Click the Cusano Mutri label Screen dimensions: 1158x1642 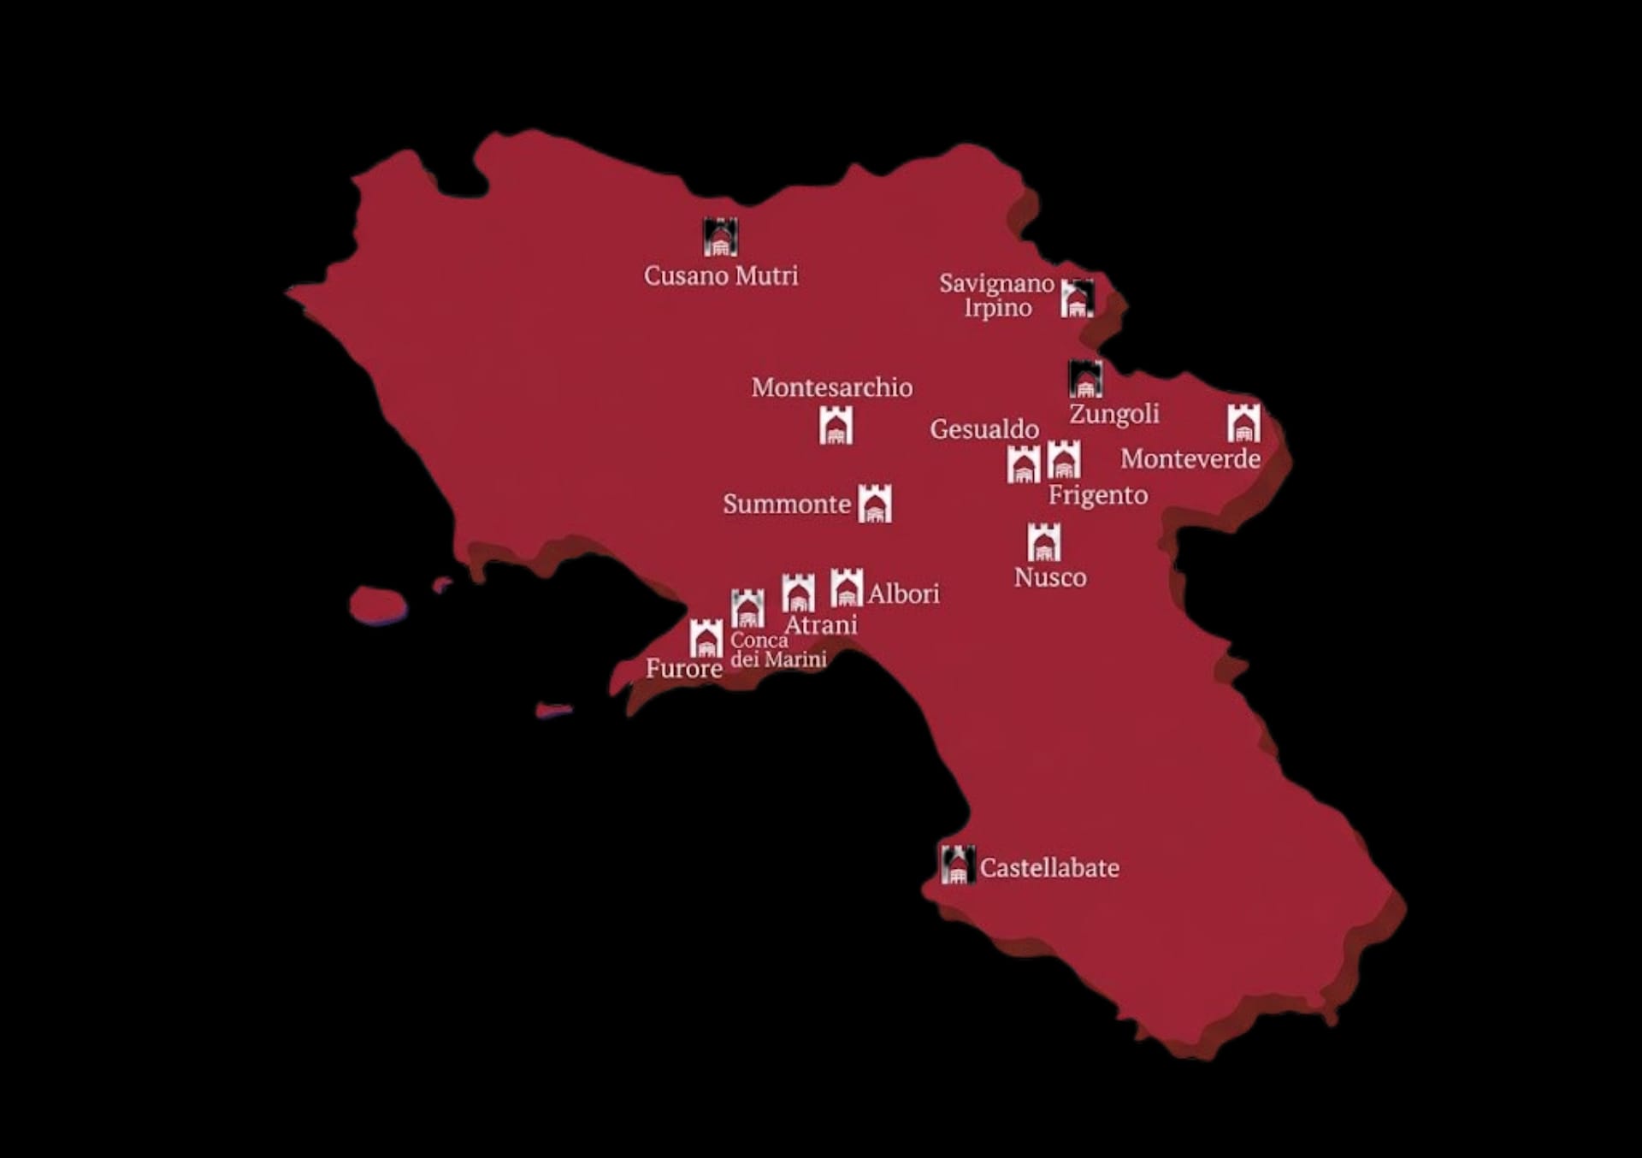720,275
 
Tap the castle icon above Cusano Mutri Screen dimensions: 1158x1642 720,237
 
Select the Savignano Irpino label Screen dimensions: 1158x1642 996,295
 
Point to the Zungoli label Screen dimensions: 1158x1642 1113,414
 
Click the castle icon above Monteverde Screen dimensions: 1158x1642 1243,422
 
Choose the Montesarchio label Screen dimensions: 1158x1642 831,387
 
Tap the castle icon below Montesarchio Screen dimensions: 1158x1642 836,425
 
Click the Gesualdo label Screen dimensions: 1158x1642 983,428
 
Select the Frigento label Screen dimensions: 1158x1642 1097,494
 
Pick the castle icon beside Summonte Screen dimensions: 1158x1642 874,503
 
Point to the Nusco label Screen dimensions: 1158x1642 1049,577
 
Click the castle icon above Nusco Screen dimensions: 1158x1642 1043,541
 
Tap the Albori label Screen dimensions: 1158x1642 903,594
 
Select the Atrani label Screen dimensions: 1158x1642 820,625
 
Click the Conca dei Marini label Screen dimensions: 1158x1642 777,650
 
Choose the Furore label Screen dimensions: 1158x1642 683,668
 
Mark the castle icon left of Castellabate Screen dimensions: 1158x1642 957,865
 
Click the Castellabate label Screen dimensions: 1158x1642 1048,868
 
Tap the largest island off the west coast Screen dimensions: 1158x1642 377,604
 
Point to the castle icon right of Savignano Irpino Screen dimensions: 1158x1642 1077,298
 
